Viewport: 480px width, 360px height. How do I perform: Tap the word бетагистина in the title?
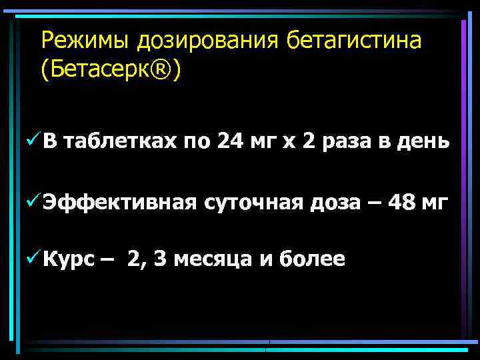[355, 41]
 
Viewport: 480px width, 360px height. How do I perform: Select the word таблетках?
[120, 142]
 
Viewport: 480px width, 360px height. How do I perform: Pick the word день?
[423, 142]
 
